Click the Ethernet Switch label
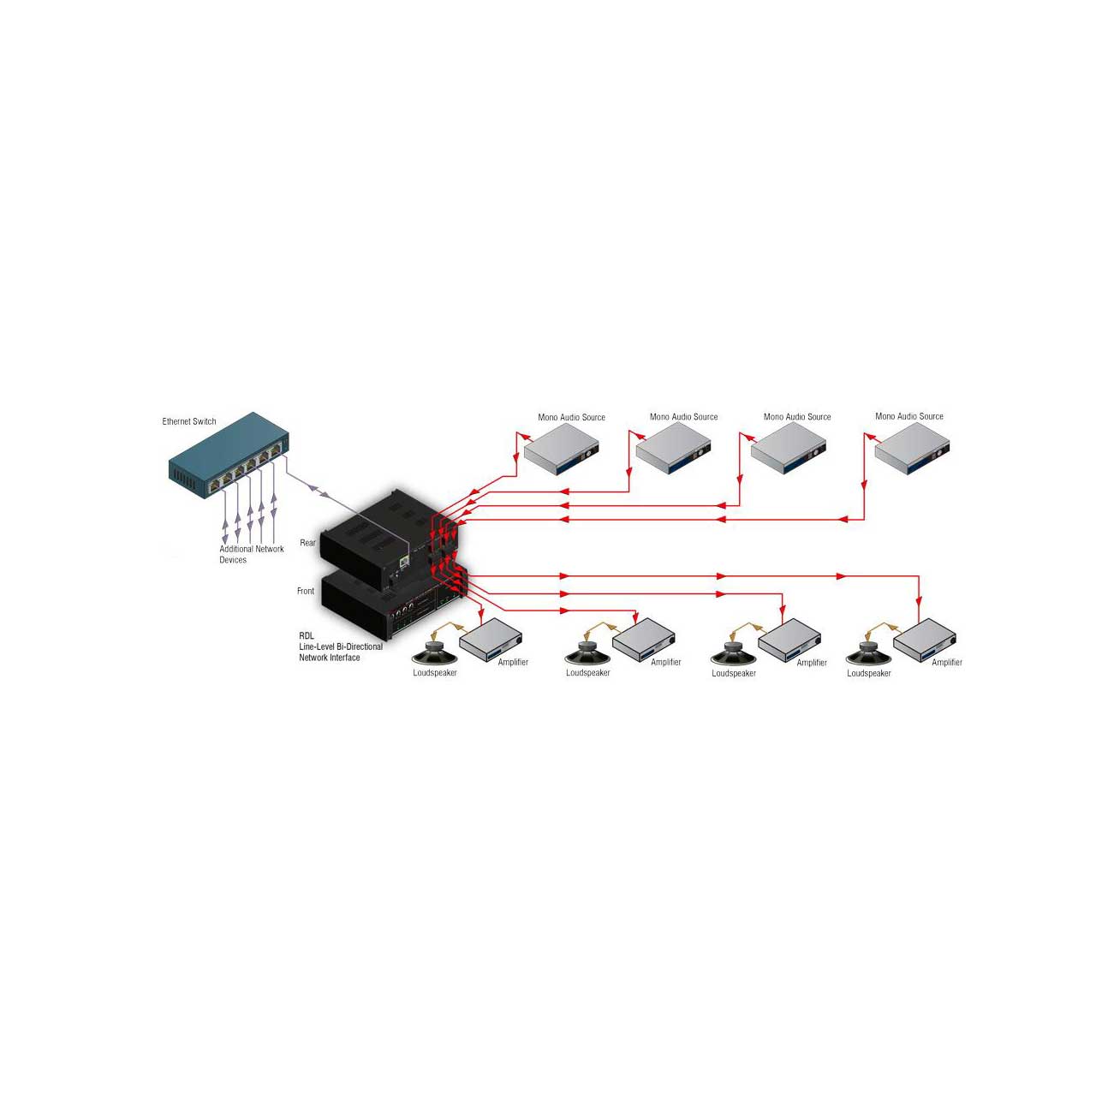point(189,421)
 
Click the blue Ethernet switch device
point(229,455)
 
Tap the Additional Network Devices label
point(252,554)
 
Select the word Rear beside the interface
point(307,543)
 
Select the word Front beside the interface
point(306,591)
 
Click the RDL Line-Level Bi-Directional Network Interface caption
point(341,646)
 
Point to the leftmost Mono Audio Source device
point(562,450)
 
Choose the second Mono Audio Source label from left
point(683,417)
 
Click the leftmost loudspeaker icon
point(434,653)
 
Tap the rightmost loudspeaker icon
point(868,653)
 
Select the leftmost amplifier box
point(491,640)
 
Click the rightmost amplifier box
point(924,640)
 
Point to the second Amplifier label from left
point(665,662)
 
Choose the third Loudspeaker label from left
point(734,673)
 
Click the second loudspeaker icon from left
point(587,653)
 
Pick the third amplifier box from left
point(789,640)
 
